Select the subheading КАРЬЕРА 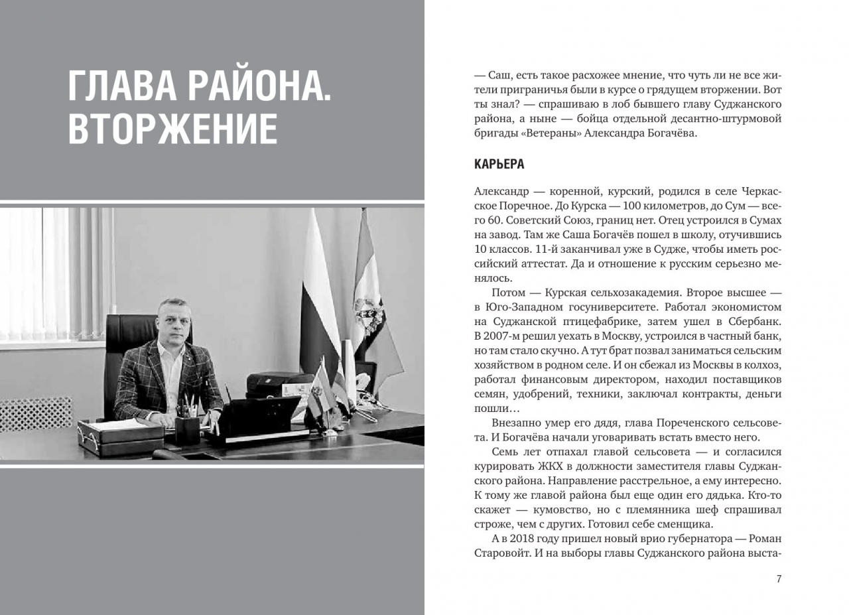(x=499, y=164)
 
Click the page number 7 (x=779, y=579)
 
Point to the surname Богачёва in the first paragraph (x=664, y=133)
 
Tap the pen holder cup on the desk (x=188, y=429)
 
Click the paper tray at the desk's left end (x=119, y=435)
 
